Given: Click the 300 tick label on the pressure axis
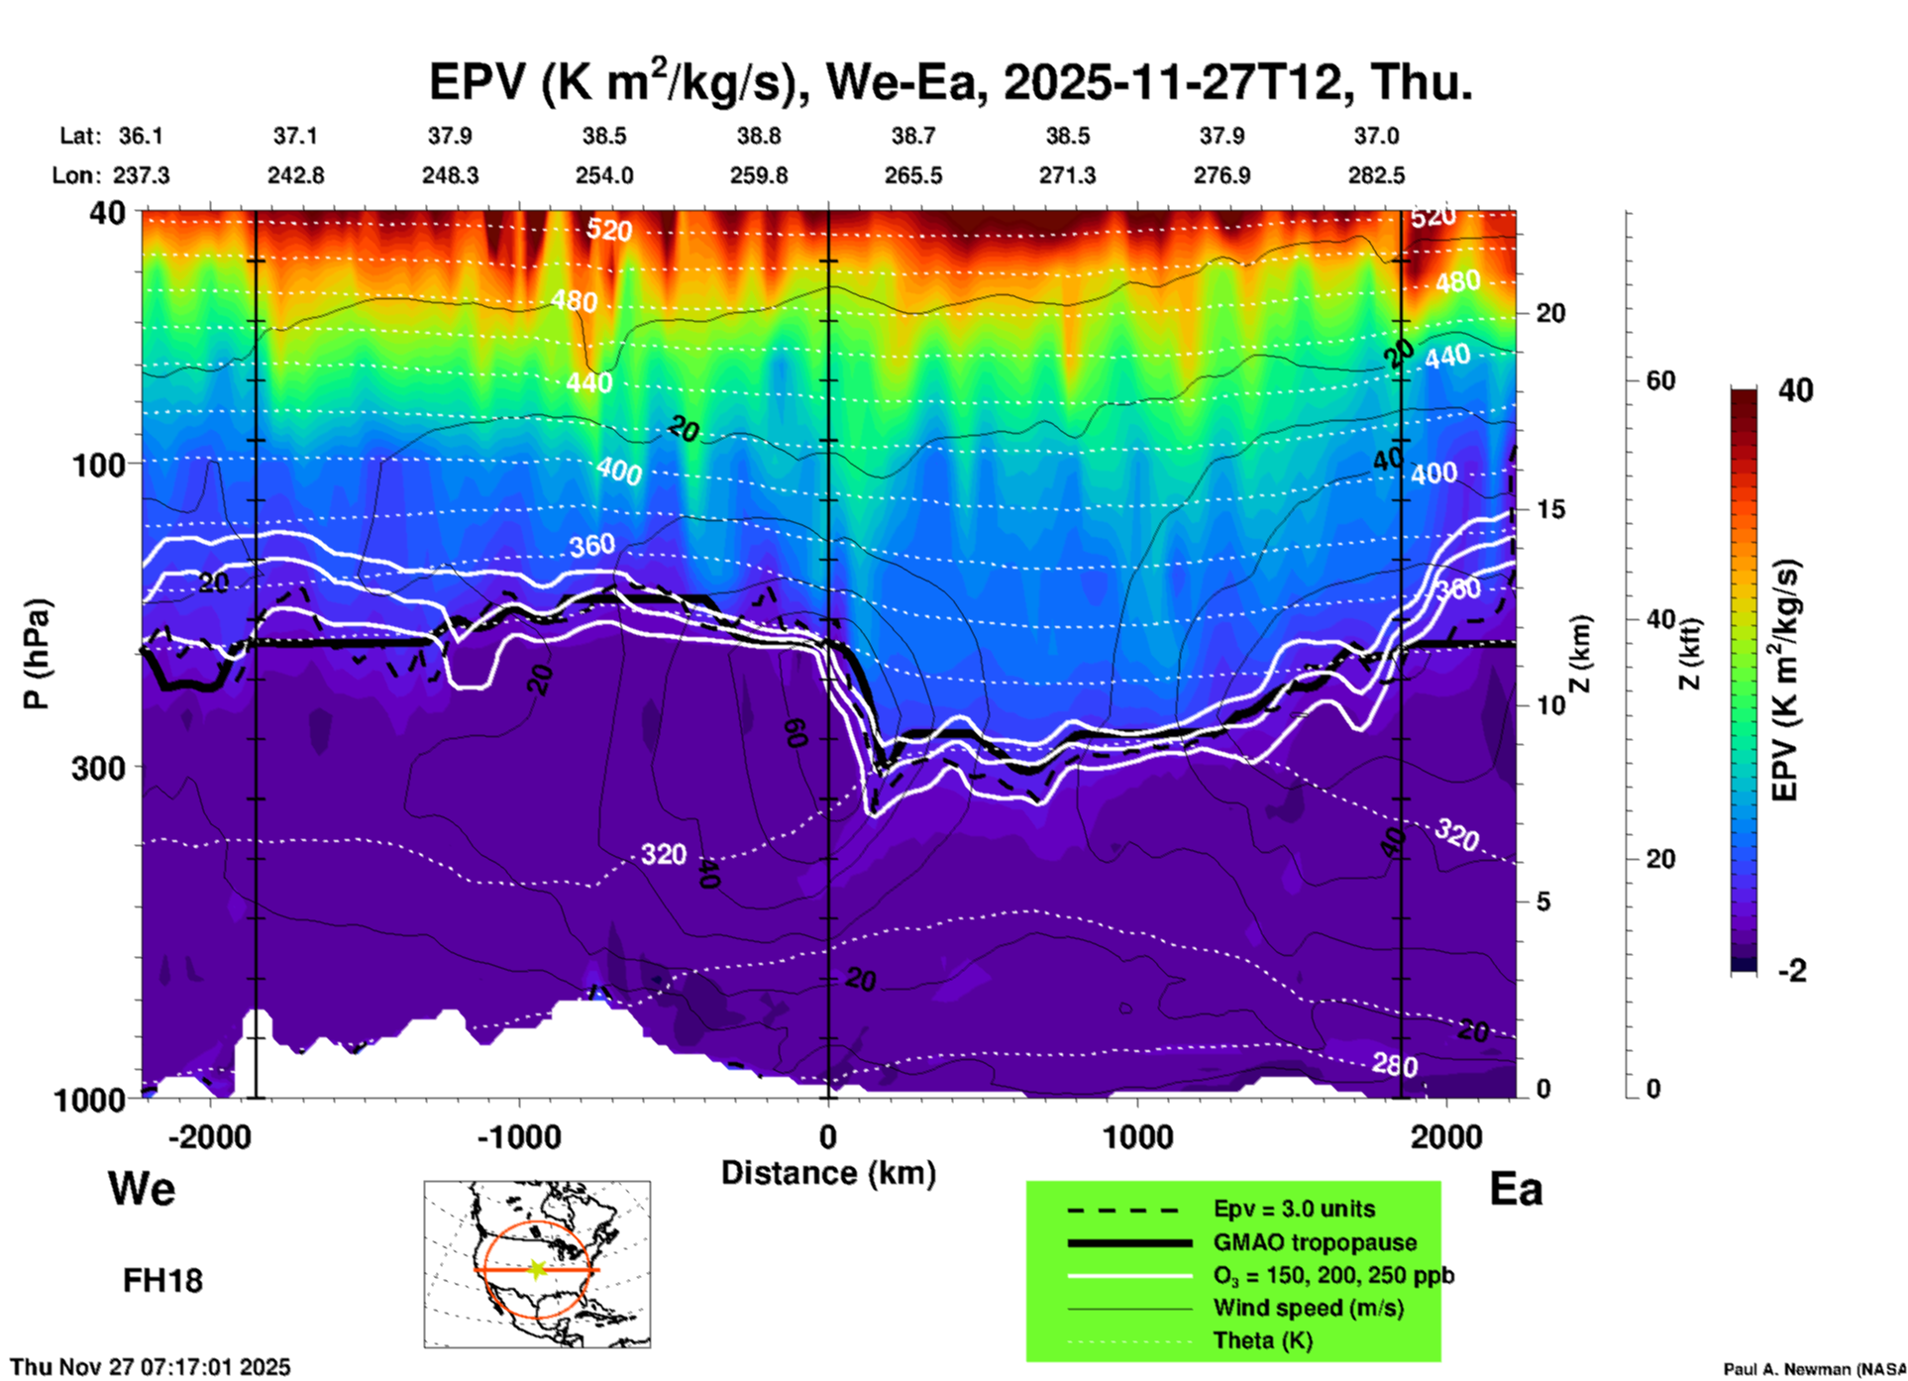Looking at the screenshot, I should (x=98, y=768).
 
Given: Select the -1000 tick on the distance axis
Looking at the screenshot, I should (x=519, y=1136).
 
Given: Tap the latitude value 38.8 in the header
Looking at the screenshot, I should (x=758, y=136).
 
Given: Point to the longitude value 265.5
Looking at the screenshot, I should (x=912, y=175).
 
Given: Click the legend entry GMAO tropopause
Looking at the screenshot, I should (x=1315, y=1242).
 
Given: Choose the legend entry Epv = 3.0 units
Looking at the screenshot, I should (x=1294, y=1209).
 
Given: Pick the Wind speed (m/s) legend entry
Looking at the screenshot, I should (x=1308, y=1308).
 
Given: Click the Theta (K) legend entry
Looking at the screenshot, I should (x=1262, y=1340).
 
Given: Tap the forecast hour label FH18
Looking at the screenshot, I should (x=162, y=1281).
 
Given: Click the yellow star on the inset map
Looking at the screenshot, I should (x=537, y=1268).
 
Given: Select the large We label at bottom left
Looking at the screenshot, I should (x=142, y=1188).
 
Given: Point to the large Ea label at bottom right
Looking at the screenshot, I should (x=1516, y=1189).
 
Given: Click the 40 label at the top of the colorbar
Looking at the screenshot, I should (x=1795, y=390).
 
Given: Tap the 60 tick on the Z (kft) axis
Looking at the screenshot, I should (x=1660, y=380).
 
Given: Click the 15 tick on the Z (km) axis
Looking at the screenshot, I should (x=1550, y=509).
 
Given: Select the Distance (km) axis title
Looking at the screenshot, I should (x=828, y=1173).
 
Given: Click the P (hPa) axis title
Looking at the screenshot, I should (x=37, y=654).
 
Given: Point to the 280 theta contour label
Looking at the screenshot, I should (x=1395, y=1065).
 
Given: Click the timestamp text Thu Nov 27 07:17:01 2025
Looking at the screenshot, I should (x=151, y=1367).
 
